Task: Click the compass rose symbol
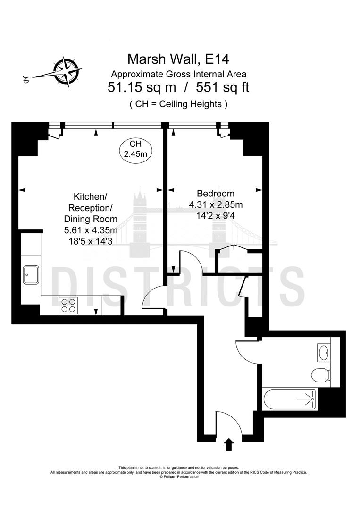point(67,70)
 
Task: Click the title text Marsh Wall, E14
point(178,59)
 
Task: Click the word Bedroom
point(216,193)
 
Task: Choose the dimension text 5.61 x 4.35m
point(91,230)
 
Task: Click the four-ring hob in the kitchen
point(68,306)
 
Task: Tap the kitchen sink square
point(31,274)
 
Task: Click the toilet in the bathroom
point(320,376)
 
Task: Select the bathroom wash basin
point(324,352)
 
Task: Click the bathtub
point(288,399)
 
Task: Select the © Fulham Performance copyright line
point(179,477)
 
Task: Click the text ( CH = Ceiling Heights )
point(178,104)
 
